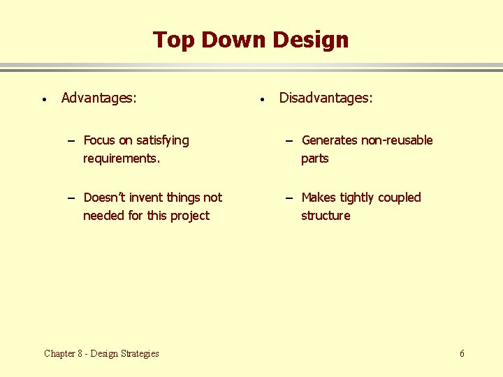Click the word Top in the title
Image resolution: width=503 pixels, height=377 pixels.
pyautogui.click(x=174, y=40)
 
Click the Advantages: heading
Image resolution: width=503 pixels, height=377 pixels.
pyautogui.click(x=99, y=98)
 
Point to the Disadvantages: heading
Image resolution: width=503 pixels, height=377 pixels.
pyautogui.click(x=326, y=98)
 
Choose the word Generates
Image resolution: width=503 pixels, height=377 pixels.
pyautogui.click(x=330, y=140)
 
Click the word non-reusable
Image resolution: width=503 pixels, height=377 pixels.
pyautogui.click(x=397, y=140)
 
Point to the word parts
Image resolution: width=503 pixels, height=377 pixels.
pyautogui.click(x=314, y=158)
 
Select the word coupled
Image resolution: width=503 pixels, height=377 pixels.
pyautogui.click(x=399, y=198)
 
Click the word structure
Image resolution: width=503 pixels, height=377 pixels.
pyautogui.click(x=326, y=216)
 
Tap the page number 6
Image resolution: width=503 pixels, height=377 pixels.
pyautogui.click(x=462, y=353)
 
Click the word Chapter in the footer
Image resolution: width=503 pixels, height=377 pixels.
pyautogui.click(x=60, y=353)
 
